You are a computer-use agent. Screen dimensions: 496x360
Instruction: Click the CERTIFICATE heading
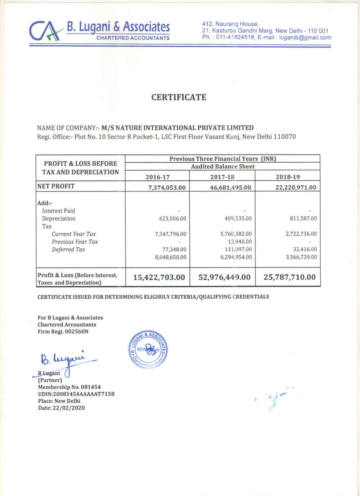(179, 97)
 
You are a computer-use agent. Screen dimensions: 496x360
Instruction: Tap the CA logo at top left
(45, 31)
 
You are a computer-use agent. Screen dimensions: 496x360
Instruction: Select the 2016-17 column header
(157, 177)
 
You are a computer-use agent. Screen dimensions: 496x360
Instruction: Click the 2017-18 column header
(222, 177)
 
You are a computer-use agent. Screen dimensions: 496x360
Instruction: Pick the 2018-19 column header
(288, 177)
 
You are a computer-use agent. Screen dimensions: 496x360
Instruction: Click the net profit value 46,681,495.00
(230, 187)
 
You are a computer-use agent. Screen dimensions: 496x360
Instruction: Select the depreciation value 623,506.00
(173, 219)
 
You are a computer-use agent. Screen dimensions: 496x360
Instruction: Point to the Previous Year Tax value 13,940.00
(240, 242)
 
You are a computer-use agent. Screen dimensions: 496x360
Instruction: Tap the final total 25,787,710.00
(290, 277)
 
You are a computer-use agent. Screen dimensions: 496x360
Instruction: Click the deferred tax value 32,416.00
(305, 249)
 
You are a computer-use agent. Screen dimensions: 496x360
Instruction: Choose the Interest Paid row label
(59, 211)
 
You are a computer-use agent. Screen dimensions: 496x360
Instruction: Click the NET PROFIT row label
(56, 186)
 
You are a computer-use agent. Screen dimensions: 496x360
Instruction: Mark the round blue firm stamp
(148, 350)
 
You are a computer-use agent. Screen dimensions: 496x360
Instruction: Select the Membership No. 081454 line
(69, 387)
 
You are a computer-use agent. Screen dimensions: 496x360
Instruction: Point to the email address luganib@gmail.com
(305, 37)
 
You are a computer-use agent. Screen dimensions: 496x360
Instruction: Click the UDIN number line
(76, 394)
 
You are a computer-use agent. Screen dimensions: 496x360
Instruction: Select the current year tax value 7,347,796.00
(171, 234)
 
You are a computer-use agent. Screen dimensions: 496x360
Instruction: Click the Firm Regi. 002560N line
(63, 331)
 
